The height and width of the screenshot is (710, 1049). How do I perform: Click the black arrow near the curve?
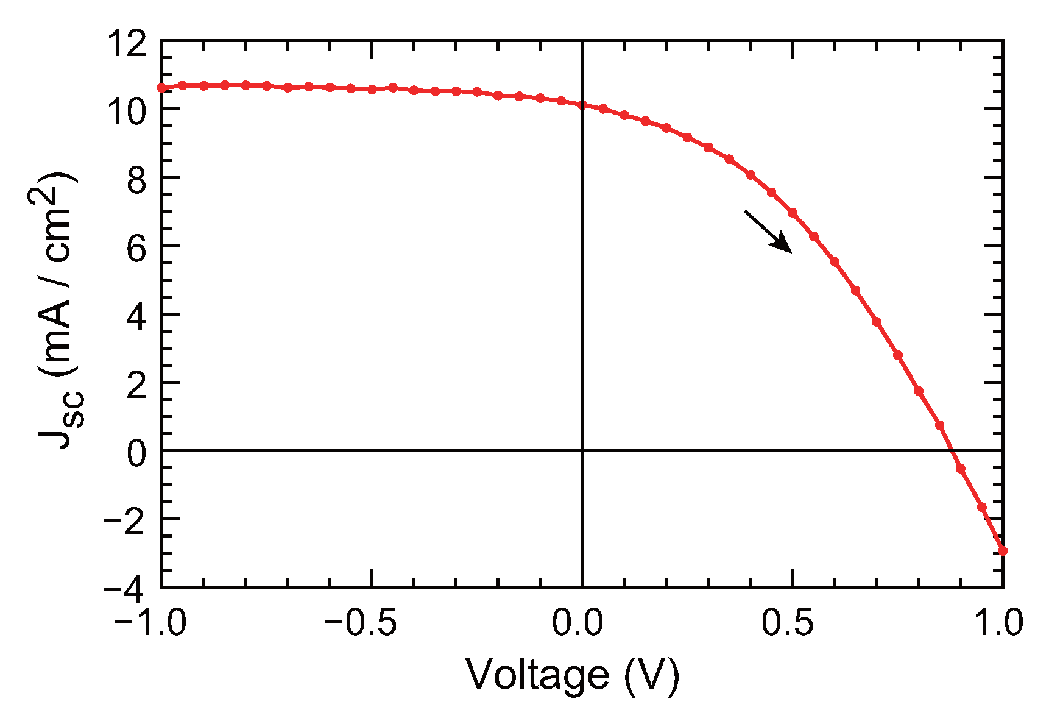pos(768,232)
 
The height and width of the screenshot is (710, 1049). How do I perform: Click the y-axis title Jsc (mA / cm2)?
pos(57,311)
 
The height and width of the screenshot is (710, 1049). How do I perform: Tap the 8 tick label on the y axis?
pos(136,180)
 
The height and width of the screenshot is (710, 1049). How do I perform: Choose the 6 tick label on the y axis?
pos(136,248)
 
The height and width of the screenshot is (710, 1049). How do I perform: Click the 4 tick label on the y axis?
pos(136,316)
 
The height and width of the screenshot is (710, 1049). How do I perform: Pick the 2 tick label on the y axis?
pos(136,385)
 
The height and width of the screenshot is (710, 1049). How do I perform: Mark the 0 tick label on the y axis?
pos(136,453)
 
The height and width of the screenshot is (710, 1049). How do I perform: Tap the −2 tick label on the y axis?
pos(125,521)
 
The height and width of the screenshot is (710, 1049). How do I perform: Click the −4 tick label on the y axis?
pos(125,589)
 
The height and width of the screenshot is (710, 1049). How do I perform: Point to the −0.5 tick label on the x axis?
pos(361,623)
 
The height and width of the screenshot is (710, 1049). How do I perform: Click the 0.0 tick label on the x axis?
pos(577,623)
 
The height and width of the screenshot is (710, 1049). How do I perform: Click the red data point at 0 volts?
pos(582,105)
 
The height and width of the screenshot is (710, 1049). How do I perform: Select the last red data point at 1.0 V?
pos(1003,551)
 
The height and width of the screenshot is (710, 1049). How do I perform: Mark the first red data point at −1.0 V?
pos(162,88)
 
